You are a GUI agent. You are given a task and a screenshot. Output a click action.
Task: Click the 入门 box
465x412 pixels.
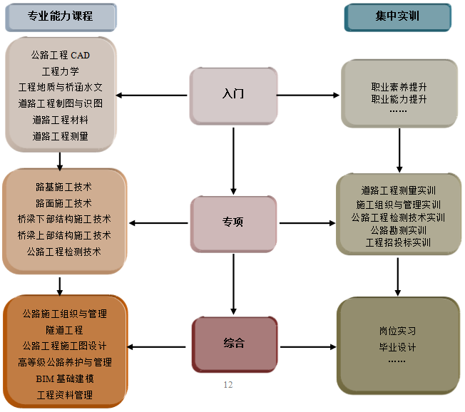tap(233, 94)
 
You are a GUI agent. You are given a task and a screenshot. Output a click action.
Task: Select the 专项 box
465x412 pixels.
tap(233, 222)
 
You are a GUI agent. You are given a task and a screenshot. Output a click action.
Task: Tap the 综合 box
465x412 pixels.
tap(233, 344)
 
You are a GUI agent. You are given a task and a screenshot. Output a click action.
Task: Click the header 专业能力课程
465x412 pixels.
tap(61, 16)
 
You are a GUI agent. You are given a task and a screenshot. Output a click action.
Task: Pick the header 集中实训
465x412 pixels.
tap(397, 16)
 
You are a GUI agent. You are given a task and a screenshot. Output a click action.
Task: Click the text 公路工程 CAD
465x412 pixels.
tap(61, 55)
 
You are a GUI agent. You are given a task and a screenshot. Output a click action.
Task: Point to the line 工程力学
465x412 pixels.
tap(61, 71)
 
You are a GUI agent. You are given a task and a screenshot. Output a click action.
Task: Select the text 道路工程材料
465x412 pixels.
tap(61, 120)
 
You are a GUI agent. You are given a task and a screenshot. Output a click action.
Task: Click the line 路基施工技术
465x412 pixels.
tap(64, 187)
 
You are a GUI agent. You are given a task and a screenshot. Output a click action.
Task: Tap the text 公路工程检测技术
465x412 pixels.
tap(64, 252)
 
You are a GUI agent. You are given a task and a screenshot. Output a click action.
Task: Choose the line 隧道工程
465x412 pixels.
tap(64, 330)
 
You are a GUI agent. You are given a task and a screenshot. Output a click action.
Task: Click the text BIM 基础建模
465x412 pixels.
tap(64, 378)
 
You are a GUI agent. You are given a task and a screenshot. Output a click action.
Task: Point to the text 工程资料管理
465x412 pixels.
tap(64, 394)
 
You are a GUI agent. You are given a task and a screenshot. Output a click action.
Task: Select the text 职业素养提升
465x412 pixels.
tap(399, 87)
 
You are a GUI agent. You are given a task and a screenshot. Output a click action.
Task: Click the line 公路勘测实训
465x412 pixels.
tap(398, 230)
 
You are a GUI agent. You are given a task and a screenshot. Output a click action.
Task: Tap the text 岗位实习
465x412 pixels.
tap(397, 331)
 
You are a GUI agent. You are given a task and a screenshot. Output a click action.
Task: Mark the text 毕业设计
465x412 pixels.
tap(397, 347)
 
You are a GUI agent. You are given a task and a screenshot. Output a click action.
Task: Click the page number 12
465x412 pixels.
tap(228, 385)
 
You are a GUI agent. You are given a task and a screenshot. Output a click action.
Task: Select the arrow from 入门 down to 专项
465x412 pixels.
tap(233, 157)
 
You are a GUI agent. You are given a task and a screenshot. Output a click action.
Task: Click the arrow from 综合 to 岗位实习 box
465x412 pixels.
tap(307, 347)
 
